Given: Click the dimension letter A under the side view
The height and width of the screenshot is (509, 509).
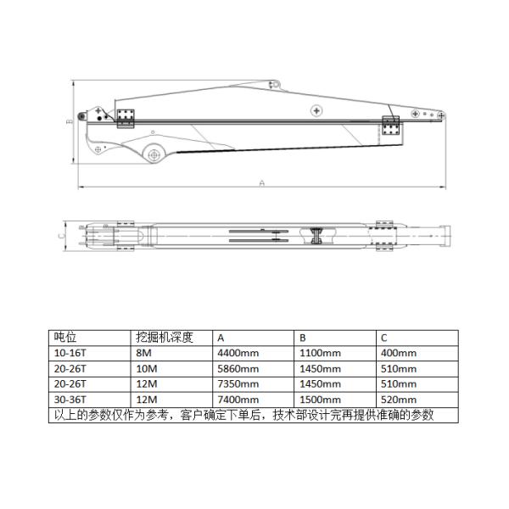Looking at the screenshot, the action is tap(261, 183).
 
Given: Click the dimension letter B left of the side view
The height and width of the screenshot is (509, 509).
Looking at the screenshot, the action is tap(70, 121).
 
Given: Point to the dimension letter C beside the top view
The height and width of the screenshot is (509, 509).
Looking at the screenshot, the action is tap(61, 234).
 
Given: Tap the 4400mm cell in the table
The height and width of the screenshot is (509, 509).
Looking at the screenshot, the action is tap(238, 353).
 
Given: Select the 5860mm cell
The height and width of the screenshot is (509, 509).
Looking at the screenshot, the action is tap(238, 369).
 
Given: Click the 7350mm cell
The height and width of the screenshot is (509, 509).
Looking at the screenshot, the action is tap(238, 384).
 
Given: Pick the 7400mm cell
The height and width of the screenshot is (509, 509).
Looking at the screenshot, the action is tap(238, 400).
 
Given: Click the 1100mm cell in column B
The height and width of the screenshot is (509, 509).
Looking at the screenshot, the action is tap(320, 353).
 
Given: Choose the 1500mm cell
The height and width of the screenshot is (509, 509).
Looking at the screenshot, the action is tap(320, 400).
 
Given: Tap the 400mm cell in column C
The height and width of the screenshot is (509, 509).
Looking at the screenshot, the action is tap(399, 353).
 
